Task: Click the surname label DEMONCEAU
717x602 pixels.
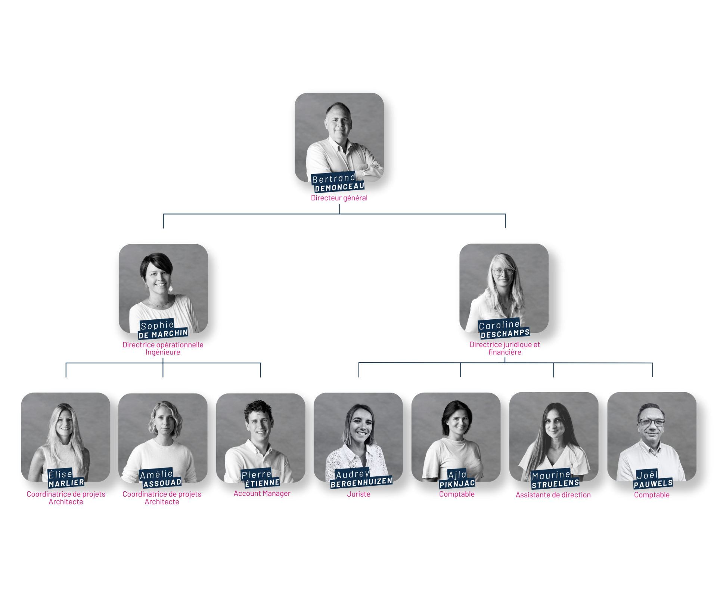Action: click(339, 187)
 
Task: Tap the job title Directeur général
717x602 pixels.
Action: click(339, 198)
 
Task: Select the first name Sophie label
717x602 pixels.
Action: click(157, 325)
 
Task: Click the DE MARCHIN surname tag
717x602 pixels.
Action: click(163, 334)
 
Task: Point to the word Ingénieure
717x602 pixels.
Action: click(163, 352)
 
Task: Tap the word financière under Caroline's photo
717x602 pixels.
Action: click(505, 352)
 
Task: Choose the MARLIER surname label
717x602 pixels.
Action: click(66, 483)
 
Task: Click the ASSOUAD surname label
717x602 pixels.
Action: click(162, 483)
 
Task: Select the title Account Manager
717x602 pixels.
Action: click(262, 494)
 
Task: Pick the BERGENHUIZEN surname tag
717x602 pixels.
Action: click(361, 482)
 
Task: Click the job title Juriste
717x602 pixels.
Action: click(358, 494)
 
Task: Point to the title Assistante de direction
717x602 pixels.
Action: click(553, 495)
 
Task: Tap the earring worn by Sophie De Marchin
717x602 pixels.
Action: click(171, 289)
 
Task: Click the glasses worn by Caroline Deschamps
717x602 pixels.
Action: click(503, 271)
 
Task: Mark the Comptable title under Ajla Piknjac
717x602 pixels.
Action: click(457, 494)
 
